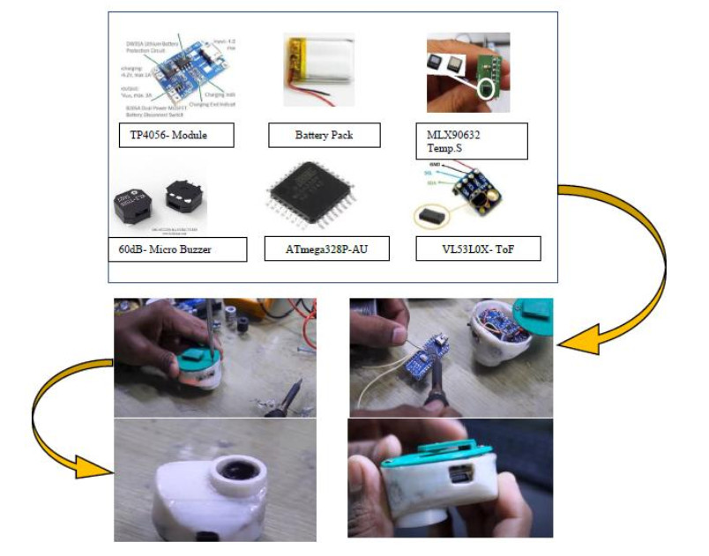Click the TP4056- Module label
[176, 135]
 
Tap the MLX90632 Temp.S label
[471, 141]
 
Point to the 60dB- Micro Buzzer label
[165, 249]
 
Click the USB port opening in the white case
[459, 477]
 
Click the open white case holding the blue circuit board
[507, 337]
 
